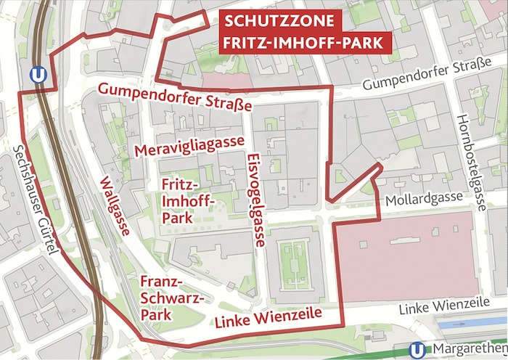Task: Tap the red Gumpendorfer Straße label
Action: [x=175, y=97]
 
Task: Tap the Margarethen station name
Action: [x=467, y=351]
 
